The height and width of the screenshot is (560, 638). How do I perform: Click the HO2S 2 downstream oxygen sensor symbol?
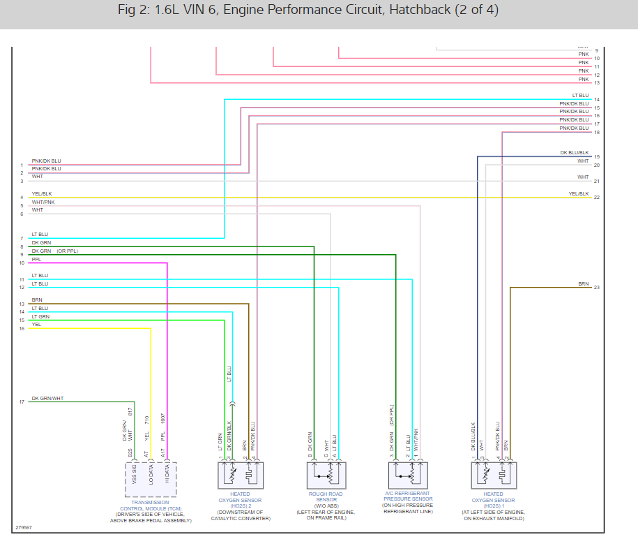click(240, 476)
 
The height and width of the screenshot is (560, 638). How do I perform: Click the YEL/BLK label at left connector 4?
click(41, 193)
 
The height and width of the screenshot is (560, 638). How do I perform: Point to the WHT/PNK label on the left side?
click(43, 202)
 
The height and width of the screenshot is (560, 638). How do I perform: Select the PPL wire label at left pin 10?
click(36, 259)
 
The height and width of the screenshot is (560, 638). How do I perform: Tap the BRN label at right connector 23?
click(583, 284)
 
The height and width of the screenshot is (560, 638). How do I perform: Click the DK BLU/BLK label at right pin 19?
click(575, 153)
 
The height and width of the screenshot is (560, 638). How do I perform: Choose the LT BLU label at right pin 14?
click(580, 96)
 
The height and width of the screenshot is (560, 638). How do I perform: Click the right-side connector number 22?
click(597, 198)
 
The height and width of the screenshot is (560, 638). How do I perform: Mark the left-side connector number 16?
click(22, 328)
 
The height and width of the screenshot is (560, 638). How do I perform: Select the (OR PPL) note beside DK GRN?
click(68, 251)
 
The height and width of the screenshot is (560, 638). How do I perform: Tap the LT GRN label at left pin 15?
click(40, 316)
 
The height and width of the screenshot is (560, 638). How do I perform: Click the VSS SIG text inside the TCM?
click(135, 475)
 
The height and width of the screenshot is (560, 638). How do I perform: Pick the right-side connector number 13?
click(597, 83)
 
